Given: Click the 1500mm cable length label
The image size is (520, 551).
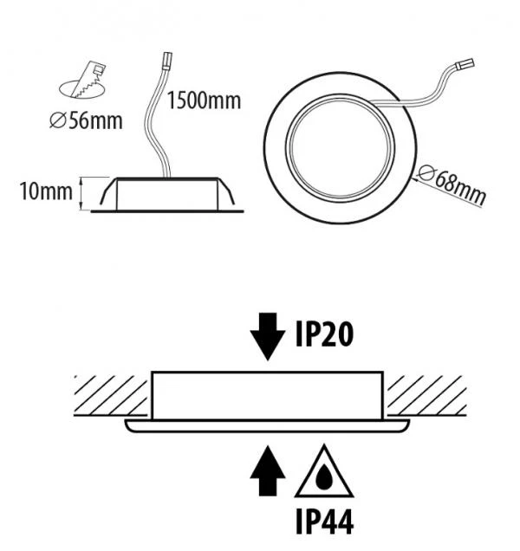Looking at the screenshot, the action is click(204, 100).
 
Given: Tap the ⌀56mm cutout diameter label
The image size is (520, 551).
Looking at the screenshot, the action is click(86, 120).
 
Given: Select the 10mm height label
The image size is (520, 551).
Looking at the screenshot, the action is click(46, 191).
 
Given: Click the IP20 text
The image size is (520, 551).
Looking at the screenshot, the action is click(324, 334).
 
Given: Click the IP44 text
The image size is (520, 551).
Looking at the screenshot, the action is click(324, 522).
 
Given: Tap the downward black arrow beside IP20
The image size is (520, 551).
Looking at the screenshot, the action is click(268, 336).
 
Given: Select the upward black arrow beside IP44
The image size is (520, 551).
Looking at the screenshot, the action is click(268, 471).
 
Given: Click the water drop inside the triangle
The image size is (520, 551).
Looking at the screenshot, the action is click(324, 477).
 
